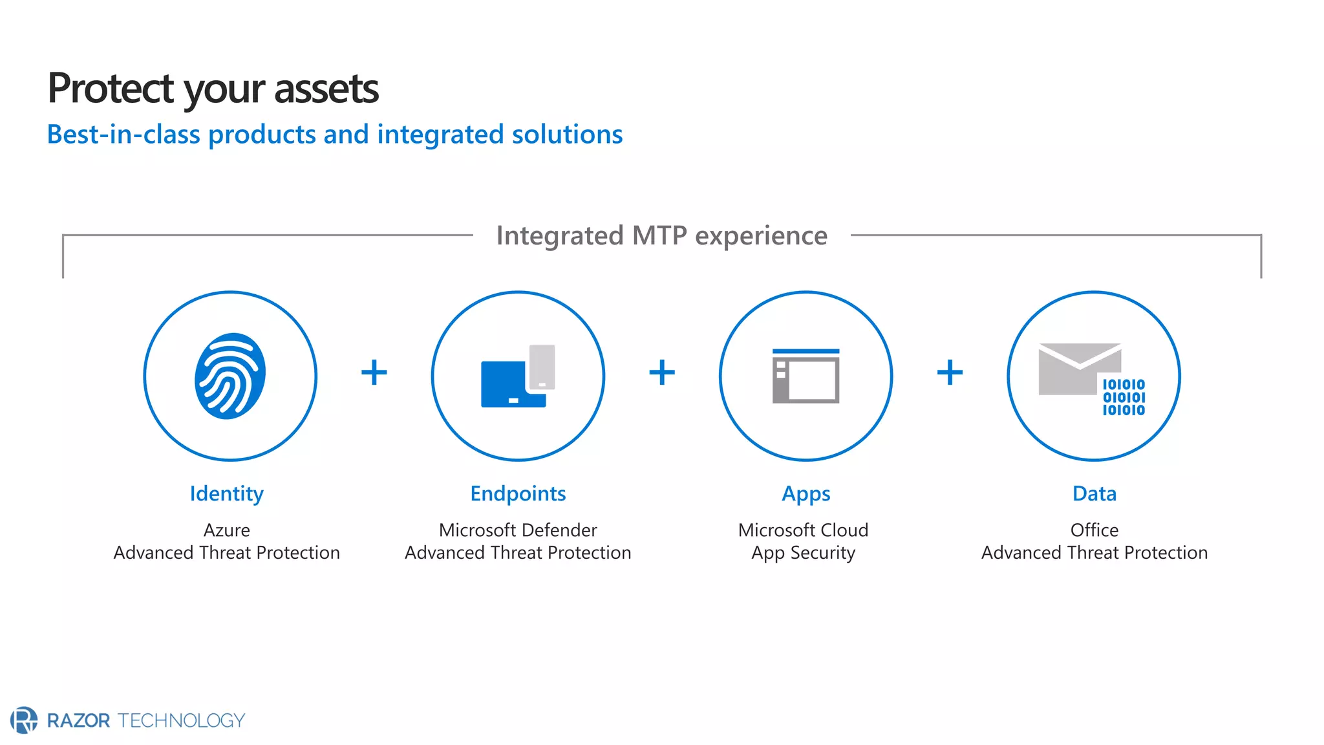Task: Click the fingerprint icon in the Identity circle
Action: tap(230, 376)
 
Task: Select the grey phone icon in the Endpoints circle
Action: tap(542, 367)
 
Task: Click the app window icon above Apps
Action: tap(806, 376)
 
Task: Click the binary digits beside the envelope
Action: tap(1124, 397)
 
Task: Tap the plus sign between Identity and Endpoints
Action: tap(374, 372)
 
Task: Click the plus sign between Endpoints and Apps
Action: tap(662, 372)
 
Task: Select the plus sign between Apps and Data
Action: tap(950, 372)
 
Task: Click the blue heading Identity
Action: tap(226, 493)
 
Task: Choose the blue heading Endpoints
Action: tap(518, 493)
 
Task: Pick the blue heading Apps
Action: tap(806, 493)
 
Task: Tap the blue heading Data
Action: tap(1094, 493)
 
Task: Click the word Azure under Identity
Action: tap(226, 530)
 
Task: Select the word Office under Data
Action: tap(1094, 530)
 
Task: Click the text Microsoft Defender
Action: tap(518, 530)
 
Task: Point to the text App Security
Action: tap(803, 553)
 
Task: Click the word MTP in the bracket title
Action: tap(659, 236)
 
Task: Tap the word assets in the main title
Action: tap(326, 89)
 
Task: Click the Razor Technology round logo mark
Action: tap(24, 720)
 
